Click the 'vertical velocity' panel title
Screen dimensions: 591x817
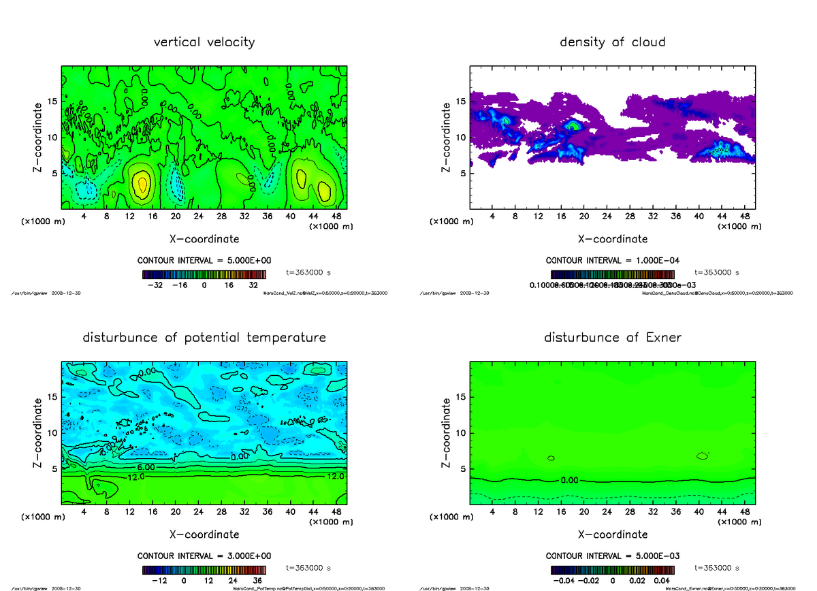pyautogui.click(x=204, y=42)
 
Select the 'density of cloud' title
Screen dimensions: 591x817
pyautogui.click(x=612, y=42)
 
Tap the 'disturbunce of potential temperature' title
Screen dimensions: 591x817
pyautogui.click(x=204, y=338)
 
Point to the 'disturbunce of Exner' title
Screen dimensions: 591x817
pyautogui.click(x=612, y=338)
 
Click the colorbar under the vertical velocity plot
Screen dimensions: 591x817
pyautogui.click(x=204, y=274)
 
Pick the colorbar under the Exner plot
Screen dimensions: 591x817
pyautogui.click(x=612, y=570)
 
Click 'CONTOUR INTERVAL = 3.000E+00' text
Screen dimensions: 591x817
pyautogui.click(x=204, y=556)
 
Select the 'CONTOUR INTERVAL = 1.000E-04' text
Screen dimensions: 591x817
pyautogui.click(x=613, y=260)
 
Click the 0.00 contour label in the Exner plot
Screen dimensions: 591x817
pyautogui.click(x=571, y=480)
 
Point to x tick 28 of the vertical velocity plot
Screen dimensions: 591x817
pyautogui.click(x=222, y=217)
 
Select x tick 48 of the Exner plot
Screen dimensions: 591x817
pyautogui.click(x=745, y=512)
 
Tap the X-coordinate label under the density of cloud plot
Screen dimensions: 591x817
pyautogui.click(x=613, y=239)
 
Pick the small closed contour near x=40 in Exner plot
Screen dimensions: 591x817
pyautogui.click(x=703, y=456)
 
